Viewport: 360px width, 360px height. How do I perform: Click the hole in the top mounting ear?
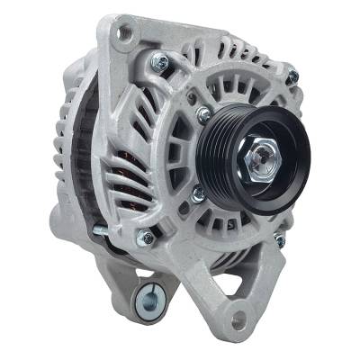pyautogui.click(x=124, y=32)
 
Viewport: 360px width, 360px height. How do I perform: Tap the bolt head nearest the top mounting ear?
pyautogui.click(x=160, y=63)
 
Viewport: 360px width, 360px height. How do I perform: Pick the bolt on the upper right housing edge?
pyautogui.click(x=291, y=76)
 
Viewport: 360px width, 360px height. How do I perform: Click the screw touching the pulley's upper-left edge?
pyautogui.click(x=204, y=114)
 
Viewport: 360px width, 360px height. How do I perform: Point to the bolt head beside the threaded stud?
pyautogui.click(x=145, y=238)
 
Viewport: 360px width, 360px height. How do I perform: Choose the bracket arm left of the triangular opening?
pyautogui.click(x=202, y=279)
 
